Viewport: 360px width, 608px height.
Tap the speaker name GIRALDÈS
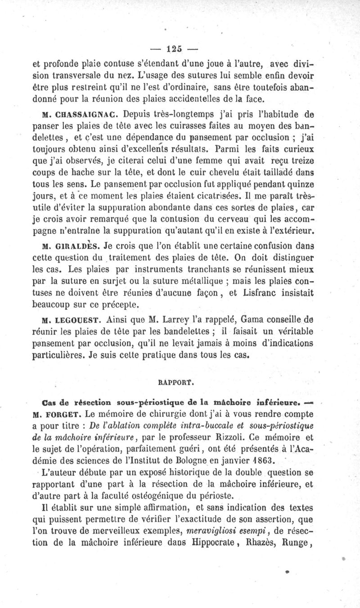[x=74, y=246]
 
